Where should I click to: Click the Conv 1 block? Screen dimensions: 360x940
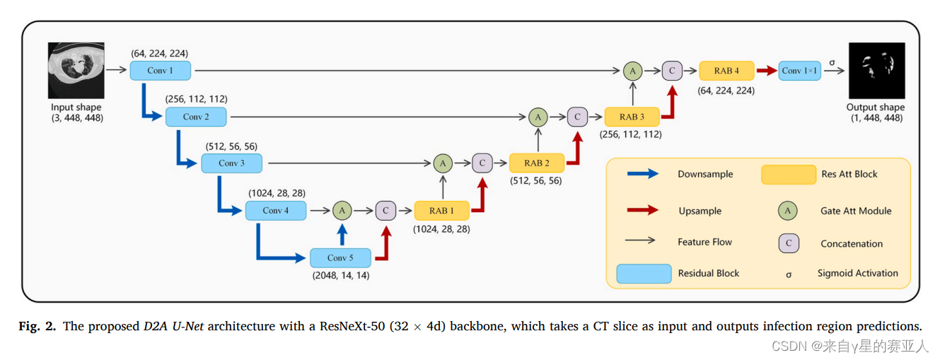(x=161, y=71)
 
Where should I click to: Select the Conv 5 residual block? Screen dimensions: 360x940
(x=340, y=258)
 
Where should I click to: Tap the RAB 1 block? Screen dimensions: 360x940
(x=442, y=210)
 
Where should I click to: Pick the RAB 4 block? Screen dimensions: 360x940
(x=726, y=71)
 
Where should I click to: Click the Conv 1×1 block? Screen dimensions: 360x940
(x=799, y=71)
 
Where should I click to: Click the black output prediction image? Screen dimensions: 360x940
(x=876, y=71)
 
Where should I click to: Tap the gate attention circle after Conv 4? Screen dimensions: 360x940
(x=342, y=210)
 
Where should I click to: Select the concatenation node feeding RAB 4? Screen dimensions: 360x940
(x=671, y=71)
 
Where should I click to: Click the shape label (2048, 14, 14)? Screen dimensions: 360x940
(x=340, y=275)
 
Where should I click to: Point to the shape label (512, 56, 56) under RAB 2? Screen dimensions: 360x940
(x=536, y=180)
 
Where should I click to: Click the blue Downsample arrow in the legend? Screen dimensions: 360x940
(x=642, y=174)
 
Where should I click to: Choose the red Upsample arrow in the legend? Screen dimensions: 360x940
(x=642, y=210)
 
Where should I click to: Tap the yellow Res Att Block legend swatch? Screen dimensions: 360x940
(x=788, y=174)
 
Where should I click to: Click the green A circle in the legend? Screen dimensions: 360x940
(x=787, y=210)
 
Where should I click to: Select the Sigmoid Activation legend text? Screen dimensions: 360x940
(x=857, y=273)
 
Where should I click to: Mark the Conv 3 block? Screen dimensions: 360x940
(x=231, y=163)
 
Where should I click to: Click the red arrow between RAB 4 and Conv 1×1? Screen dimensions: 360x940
(x=765, y=71)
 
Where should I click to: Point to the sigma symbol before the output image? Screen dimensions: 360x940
(x=832, y=62)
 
